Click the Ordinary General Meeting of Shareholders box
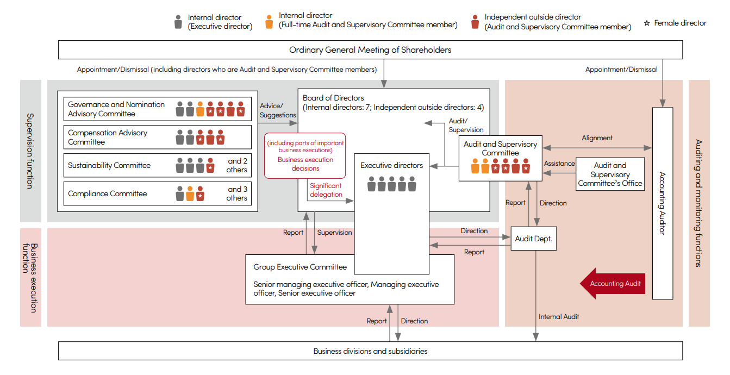(x=370, y=50)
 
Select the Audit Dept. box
(x=534, y=239)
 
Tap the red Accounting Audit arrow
(x=613, y=283)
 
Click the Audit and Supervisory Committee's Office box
(x=610, y=174)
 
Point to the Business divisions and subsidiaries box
(x=370, y=351)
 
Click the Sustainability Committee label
(x=109, y=165)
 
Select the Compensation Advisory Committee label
(x=108, y=137)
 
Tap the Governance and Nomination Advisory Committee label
(x=116, y=109)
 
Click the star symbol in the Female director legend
(x=647, y=23)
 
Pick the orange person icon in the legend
(x=269, y=22)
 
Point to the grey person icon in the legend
(x=178, y=22)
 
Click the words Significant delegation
(x=326, y=190)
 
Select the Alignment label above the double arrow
(x=597, y=138)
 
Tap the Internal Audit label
(x=559, y=316)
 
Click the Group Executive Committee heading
(x=300, y=267)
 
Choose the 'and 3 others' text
(x=236, y=193)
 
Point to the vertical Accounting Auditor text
(x=662, y=203)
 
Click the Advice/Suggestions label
(x=278, y=111)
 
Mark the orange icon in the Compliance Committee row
(x=190, y=193)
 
